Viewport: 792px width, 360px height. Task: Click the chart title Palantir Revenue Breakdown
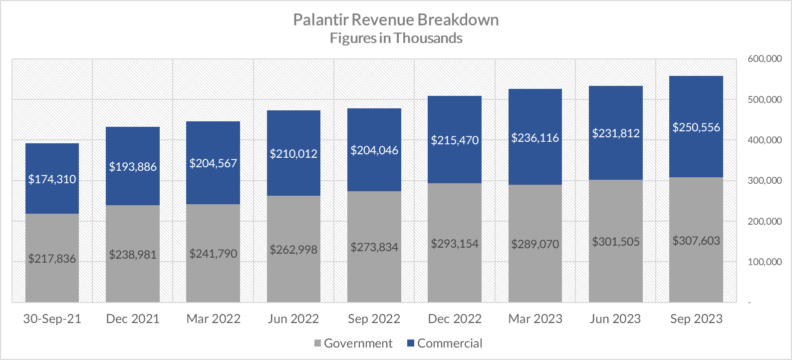[396, 20]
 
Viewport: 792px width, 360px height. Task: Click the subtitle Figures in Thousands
[396, 38]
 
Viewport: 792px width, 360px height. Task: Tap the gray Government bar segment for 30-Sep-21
[52, 235]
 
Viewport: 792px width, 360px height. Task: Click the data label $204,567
[213, 163]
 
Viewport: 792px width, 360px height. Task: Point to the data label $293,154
[455, 244]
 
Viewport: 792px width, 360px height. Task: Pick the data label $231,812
[616, 133]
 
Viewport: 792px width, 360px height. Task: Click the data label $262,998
[293, 250]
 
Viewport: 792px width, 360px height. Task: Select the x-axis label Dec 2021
[133, 319]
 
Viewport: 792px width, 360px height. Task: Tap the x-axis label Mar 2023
[535, 319]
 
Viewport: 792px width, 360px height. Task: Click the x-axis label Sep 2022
[374, 319]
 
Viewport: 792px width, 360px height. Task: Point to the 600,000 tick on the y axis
[765, 59]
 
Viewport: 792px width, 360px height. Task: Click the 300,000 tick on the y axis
[765, 181]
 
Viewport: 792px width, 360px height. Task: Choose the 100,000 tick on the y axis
[765, 262]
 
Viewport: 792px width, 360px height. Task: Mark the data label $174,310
[52, 179]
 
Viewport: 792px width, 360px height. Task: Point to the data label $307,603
[696, 241]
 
